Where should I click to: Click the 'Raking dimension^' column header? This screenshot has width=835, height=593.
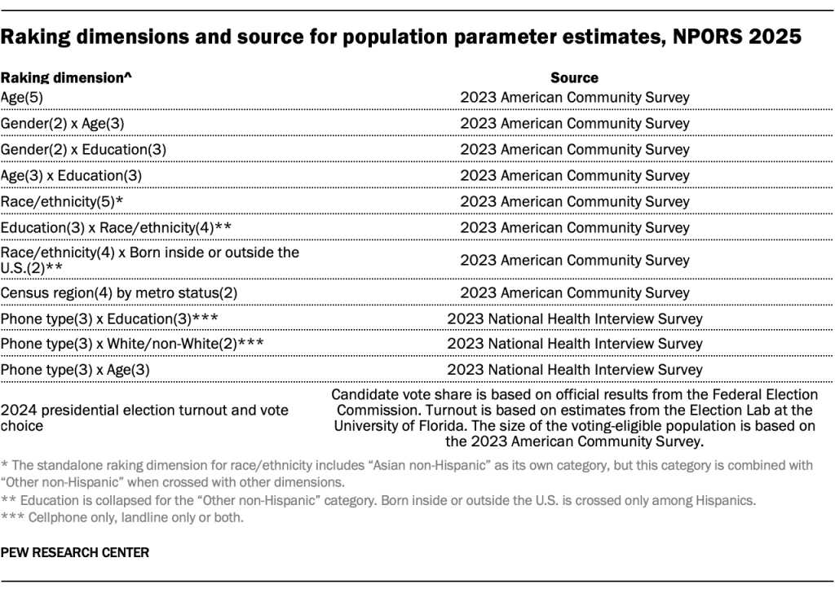point(66,78)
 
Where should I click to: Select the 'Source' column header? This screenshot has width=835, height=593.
point(574,78)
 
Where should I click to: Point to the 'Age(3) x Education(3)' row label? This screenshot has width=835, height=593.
point(72,175)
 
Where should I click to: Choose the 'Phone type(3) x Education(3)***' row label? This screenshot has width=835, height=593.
point(108,318)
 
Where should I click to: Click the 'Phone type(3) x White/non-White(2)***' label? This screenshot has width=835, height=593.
point(132,344)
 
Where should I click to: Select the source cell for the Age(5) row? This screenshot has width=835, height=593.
point(574,97)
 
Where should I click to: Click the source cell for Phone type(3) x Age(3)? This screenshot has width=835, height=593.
point(574,370)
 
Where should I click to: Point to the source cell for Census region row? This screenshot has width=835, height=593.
point(574,292)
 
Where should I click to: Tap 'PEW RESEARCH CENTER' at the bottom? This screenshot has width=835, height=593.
point(75,552)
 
